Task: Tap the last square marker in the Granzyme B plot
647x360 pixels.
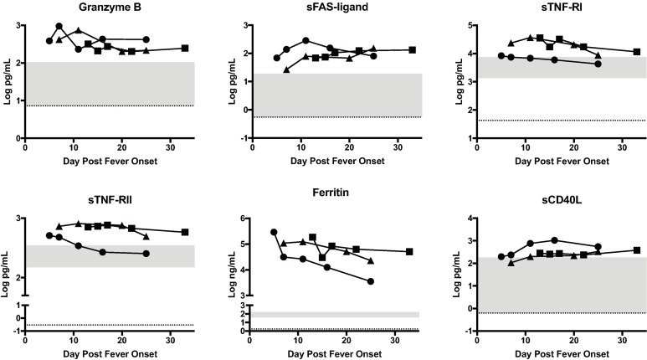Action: pyautogui.click(x=185, y=49)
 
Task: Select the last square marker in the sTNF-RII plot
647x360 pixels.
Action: pyautogui.click(x=185, y=232)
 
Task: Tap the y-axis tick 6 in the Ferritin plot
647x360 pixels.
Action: pyautogui.click(x=252, y=219)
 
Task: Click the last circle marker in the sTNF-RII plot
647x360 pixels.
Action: pyautogui.click(x=146, y=254)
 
